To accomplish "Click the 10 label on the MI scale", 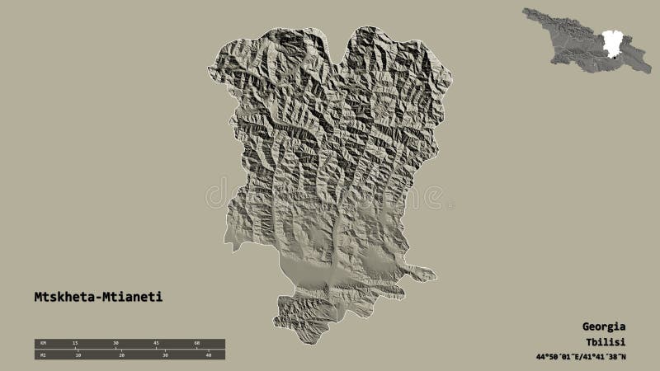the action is click(x=78, y=355).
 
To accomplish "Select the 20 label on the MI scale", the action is click(x=121, y=355).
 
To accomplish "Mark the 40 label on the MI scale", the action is click(x=209, y=355).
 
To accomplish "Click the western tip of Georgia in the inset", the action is click(x=524, y=12).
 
